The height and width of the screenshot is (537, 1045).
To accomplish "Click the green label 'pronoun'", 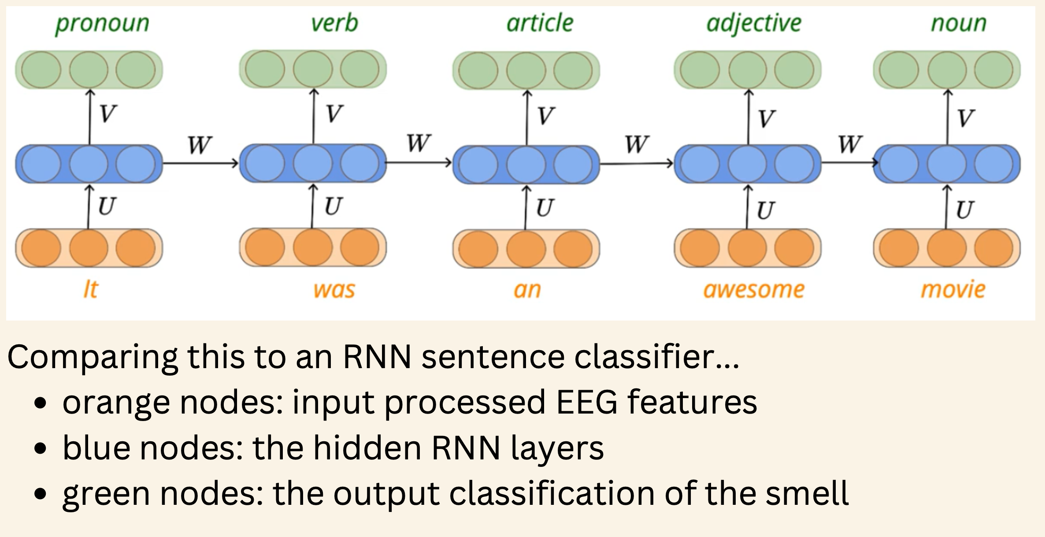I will click(102, 23).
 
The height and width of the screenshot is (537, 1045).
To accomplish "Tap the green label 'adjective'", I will click(754, 23).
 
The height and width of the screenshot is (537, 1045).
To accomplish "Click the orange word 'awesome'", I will click(754, 290).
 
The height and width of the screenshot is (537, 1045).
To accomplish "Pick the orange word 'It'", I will click(90, 290).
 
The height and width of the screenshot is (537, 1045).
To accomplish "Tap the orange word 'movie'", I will click(953, 290).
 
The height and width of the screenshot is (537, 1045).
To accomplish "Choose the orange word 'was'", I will click(334, 290).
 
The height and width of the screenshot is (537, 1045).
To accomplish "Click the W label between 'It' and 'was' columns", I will click(200, 145).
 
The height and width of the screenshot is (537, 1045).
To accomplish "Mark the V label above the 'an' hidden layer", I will click(545, 116).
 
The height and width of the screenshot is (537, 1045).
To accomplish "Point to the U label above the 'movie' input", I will click(964, 210).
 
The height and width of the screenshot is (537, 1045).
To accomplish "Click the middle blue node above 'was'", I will click(313, 163).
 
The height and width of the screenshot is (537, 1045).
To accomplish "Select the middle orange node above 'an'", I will click(526, 249).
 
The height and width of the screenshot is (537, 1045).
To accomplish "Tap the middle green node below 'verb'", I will click(313, 69).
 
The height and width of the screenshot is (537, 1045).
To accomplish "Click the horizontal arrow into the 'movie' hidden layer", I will click(848, 163).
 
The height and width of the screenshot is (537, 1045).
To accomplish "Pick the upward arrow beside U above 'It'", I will click(89, 207).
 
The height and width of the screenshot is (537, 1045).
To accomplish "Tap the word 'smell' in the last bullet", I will click(807, 493).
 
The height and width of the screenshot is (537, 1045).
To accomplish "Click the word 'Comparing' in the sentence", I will click(92, 357).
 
